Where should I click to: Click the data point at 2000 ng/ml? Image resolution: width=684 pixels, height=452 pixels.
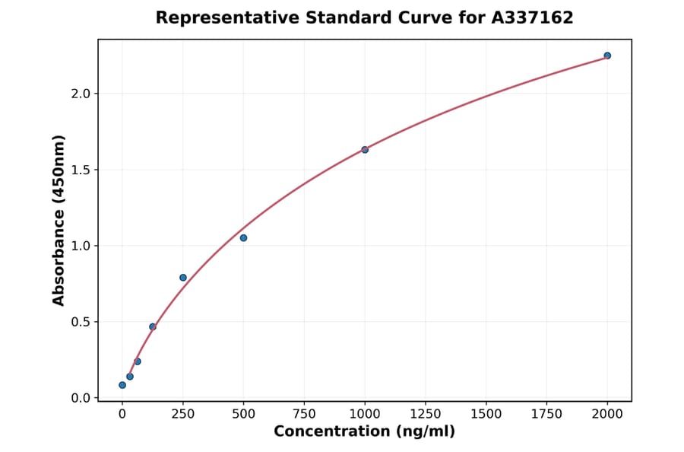coord(607,56)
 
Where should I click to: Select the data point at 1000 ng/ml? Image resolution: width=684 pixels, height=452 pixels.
coord(365,150)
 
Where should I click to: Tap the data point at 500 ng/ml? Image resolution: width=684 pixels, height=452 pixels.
coord(243,238)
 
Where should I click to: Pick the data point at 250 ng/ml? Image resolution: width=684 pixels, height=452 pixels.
coord(183,278)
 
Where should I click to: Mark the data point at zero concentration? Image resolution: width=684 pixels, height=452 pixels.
coord(122,385)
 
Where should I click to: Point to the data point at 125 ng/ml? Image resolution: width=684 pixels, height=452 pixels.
coord(153,326)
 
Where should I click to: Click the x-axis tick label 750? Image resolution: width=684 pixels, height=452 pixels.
coord(304,414)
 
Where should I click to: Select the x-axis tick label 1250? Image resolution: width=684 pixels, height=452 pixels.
coord(426,414)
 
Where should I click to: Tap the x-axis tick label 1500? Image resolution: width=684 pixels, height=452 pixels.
coord(486,414)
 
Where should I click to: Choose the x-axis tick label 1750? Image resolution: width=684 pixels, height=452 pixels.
coord(546,414)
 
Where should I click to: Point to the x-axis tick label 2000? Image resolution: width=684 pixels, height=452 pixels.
coord(607,414)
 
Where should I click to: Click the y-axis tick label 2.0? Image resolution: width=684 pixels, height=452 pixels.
coord(81,94)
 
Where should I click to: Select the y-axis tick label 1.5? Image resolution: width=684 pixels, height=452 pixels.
coord(81,170)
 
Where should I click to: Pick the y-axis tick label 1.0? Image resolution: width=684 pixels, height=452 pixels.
coord(81,246)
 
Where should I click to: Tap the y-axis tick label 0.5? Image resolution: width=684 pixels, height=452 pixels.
coord(81,322)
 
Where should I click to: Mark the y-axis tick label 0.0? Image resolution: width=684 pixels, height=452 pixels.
coord(81,398)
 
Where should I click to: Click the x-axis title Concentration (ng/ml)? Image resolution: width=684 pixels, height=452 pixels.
coord(364,432)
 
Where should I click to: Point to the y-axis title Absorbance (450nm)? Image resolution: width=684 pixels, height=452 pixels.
coord(59,220)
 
